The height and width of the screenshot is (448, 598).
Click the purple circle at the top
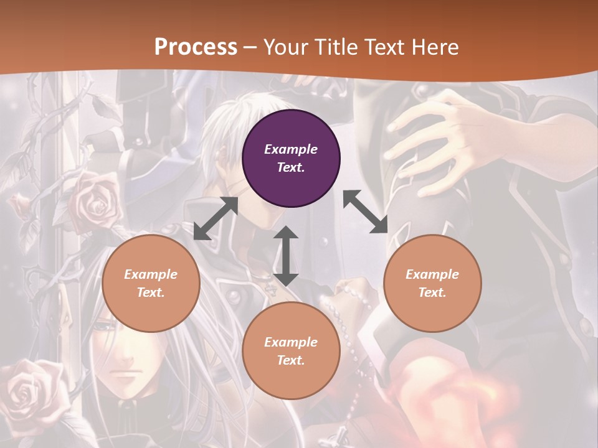291,159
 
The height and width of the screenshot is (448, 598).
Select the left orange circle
151,283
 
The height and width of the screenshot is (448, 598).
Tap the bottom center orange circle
291,351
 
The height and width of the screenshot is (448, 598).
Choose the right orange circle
432,283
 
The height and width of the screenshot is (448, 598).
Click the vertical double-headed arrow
286,256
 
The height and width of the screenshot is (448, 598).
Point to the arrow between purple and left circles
216,219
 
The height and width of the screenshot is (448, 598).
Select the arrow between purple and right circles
365,212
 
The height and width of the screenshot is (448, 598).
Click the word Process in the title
196,47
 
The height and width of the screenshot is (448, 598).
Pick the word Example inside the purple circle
291,149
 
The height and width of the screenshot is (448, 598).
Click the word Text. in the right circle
432,292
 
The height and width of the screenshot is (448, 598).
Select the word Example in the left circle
151,274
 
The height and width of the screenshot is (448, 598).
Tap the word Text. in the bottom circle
291,360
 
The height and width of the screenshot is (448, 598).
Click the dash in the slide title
250,47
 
